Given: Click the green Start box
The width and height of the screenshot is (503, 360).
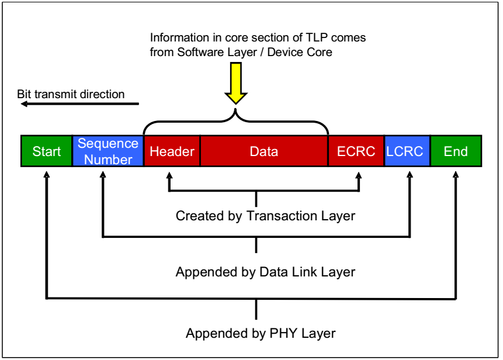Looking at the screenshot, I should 46,151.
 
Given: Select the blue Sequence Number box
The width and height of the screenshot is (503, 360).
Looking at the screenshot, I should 108,151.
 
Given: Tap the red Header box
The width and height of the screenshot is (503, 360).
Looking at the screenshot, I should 172,151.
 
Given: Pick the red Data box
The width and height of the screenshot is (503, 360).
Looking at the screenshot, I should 264,151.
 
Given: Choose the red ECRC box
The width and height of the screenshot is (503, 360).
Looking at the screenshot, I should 356,151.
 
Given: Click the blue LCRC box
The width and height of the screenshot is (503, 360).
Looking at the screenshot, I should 407,151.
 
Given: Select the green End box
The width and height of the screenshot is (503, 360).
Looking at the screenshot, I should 456,151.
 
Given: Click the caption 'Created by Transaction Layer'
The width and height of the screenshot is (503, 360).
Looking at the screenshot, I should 265,216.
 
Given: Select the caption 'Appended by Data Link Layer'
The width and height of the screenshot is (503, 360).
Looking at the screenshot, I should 265,272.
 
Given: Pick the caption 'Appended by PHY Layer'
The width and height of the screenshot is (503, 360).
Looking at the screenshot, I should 261,334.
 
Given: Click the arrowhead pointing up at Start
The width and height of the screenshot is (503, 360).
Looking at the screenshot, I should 46,173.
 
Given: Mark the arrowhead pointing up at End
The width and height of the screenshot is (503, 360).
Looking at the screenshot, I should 456,173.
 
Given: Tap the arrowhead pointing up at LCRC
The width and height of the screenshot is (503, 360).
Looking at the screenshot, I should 410,173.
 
